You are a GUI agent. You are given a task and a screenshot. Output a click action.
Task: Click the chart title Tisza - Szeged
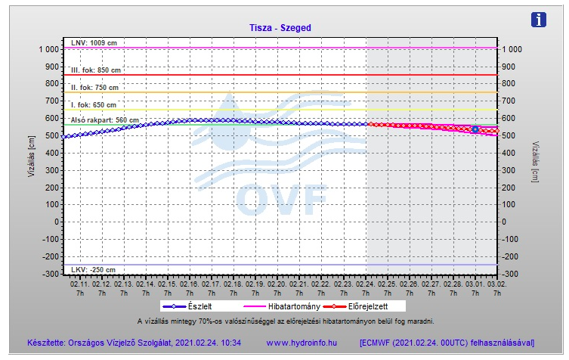tap(280, 28)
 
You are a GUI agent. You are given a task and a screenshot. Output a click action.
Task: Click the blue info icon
tap(539, 20)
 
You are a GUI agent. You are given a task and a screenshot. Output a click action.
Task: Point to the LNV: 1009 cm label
tap(94, 42)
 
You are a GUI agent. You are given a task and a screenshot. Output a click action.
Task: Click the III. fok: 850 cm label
tap(96, 70)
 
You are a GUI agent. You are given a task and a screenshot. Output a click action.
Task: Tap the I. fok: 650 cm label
tap(94, 105)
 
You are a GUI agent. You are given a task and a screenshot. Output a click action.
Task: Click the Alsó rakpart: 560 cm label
tap(104, 120)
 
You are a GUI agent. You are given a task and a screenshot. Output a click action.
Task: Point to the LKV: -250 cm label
tap(93, 270)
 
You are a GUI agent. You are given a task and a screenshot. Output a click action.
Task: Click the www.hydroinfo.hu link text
tap(302, 343)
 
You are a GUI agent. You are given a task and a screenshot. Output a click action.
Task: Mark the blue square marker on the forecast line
tap(475, 129)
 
